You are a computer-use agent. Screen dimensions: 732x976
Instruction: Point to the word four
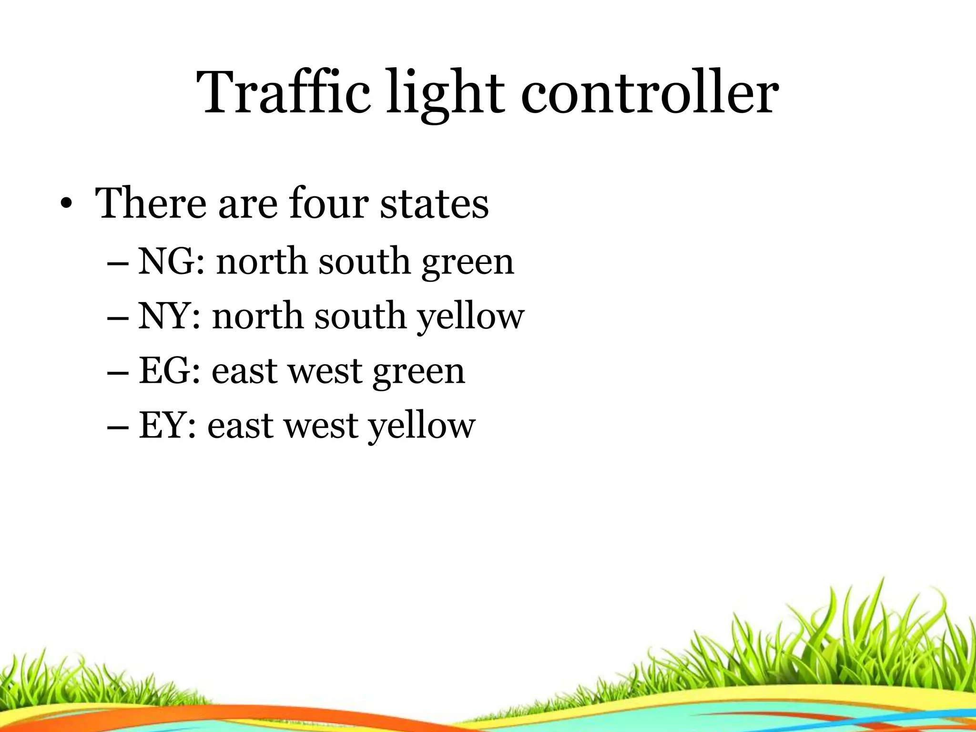(x=328, y=203)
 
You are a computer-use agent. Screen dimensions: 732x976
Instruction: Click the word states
(x=434, y=203)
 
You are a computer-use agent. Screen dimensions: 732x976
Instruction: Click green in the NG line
(x=468, y=263)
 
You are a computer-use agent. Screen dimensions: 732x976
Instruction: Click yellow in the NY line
(x=471, y=317)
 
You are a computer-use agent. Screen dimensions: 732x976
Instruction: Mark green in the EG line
(x=418, y=372)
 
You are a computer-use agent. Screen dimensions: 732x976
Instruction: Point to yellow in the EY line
(x=422, y=427)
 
